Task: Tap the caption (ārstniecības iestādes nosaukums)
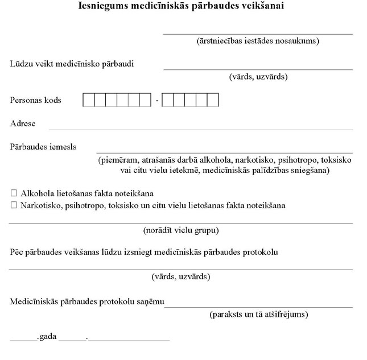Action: [x=258, y=41]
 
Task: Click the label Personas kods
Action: [x=36, y=100]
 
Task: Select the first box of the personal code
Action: [x=89, y=101]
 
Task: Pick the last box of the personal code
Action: [x=212, y=101]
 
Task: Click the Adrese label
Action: [x=23, y=123]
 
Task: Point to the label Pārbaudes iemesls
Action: [x=43, y=147]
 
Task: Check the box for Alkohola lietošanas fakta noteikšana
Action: [x=14, y=193]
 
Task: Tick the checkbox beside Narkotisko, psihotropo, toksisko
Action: [x=14, y=205]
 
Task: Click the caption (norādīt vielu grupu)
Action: [x=181, y=230]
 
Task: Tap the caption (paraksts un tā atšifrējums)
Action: [x=259, y=314]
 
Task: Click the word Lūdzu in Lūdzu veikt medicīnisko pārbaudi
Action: [x=22, y=64]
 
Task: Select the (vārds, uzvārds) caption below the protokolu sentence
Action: [x=181, y=277]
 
